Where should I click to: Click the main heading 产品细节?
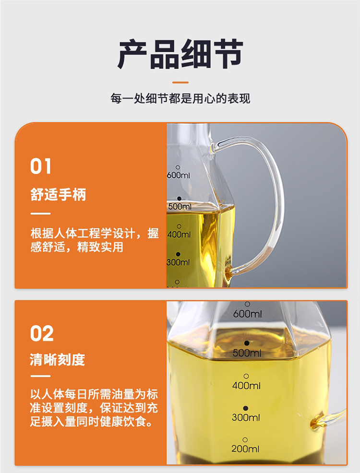(180, 54)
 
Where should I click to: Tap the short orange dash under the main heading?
(180, 83)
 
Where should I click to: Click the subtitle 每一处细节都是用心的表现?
(180, 99)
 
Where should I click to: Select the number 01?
(41, 166)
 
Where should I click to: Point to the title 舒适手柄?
(58, 195)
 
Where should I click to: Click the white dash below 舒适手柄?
(40, 213)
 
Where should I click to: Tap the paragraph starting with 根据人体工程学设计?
(94, 240)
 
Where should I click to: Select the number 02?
(42, 333)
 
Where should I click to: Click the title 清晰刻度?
(58, 360)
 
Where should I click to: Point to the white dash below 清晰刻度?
(40, 376)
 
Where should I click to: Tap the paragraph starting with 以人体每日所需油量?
(94, 409)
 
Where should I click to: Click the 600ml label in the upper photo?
(179, 176)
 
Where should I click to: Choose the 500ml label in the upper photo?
(180, 207)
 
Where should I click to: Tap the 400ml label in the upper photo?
(179, 235)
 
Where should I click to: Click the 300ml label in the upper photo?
(178, 262)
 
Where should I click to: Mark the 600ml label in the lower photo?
(247, 314)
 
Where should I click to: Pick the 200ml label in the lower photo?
(245, 449)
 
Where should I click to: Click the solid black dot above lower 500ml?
(247, 343)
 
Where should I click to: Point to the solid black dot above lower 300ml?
(246, 407)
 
